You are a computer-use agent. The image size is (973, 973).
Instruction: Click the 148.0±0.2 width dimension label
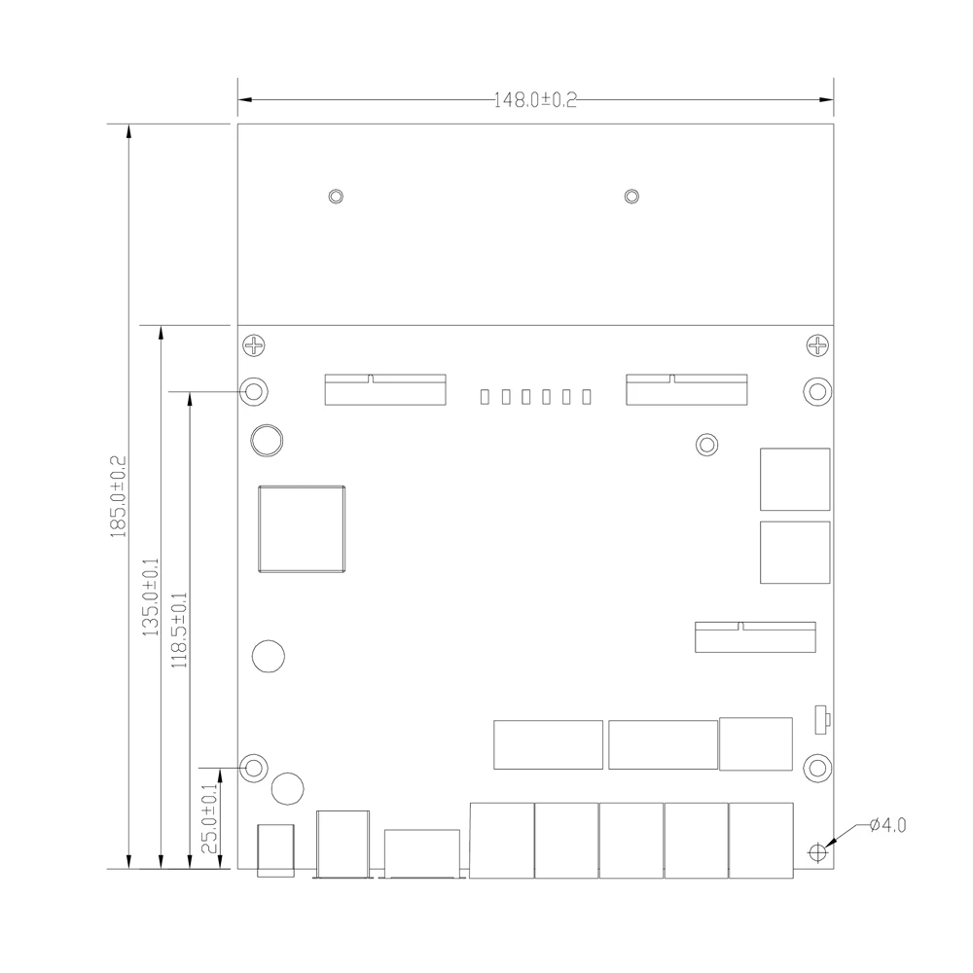(x=535, y=100)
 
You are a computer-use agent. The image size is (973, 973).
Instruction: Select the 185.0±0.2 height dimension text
(x=118, y=497)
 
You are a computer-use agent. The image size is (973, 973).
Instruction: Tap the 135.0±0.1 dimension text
(x=151, y=597)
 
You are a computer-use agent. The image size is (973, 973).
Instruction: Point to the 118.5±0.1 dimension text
(x=179, y=630)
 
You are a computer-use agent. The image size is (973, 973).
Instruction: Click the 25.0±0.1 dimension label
(x=210, y=819)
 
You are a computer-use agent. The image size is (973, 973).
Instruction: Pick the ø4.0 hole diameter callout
(x=888, y=825)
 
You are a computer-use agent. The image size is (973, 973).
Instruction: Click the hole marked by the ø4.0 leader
(x=818, y=852)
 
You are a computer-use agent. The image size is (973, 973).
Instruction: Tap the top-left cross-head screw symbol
(x=254, y=345)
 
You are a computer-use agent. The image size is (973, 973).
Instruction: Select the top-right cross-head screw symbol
(x=817, y=345)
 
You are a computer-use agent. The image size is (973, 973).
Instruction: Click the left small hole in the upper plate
(x=336, y=197)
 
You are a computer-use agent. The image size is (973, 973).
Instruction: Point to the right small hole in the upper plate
(x=631, y=197)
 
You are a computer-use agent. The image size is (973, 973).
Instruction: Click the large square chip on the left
(x=302, y=529)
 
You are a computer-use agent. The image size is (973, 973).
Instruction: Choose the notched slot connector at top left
(x=385, y=390)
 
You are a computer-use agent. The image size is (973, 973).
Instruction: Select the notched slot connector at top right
(x=686, y=390)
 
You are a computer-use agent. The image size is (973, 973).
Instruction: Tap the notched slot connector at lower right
(x=755, y=637)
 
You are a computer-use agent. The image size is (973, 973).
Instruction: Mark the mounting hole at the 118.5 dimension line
(x=254, y=391)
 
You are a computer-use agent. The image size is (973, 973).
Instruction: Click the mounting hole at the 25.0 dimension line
(x=254, y=769)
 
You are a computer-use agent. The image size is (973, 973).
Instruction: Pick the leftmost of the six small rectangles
(x=485, y=397)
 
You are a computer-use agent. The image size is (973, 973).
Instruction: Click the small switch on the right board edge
(x=822, y=720)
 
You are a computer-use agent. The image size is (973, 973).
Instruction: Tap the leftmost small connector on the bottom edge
(x=275, y=850)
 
